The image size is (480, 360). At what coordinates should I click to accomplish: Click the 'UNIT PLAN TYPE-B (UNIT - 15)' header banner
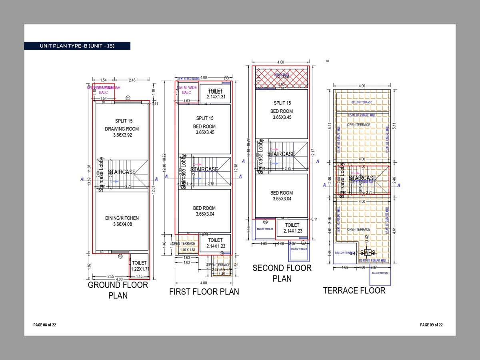tap(77, 46)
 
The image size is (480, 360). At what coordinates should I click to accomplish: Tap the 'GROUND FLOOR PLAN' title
tap(118, 290)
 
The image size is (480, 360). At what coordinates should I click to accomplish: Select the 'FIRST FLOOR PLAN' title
tap(204, 292)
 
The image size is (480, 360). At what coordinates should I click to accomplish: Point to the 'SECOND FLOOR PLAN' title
tap(282, 273)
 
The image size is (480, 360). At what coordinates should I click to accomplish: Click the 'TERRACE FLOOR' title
tap(354, 290)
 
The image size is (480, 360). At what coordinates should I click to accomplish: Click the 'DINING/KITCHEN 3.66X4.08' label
tap(122, 221)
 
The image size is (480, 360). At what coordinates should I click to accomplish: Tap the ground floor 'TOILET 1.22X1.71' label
tap(140, 266)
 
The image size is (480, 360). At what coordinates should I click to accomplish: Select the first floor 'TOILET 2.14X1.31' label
tap(216, 94)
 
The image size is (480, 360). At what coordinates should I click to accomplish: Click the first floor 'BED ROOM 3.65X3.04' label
tap(204, 211)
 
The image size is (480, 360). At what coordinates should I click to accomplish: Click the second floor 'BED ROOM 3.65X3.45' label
tap(282, 114)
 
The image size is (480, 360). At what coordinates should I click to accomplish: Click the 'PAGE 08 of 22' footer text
tap(44, 325)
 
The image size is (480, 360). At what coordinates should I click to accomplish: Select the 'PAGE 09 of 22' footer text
tap(431, 325)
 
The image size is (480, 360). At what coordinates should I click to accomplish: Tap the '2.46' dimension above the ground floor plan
tap(132, 80)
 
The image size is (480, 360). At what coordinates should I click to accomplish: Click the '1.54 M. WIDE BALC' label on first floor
tap(186, 90)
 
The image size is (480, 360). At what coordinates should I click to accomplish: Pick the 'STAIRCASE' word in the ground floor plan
tap(122, 172)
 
